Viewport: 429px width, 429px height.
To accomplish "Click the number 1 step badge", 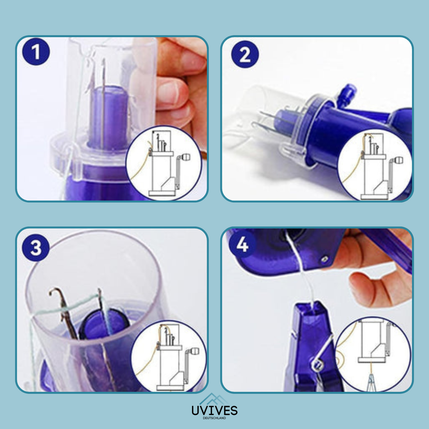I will pos(36,52).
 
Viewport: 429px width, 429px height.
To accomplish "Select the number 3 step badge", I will pos(36,247).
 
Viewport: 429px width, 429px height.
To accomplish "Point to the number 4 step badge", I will pos(242,245).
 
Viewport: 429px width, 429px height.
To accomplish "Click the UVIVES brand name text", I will pos(214,411).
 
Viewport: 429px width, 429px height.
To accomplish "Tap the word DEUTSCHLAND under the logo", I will pos(214,418).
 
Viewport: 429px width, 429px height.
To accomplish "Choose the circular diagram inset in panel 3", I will pos(169,356).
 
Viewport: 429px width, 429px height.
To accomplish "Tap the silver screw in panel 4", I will pos(324,259).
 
